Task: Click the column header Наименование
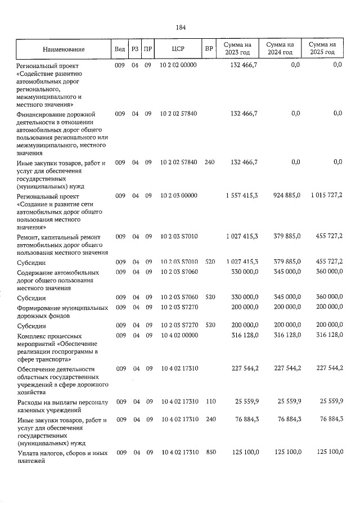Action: point(63,49)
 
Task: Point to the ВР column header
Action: point(209,48)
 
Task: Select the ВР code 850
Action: point(209,452)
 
